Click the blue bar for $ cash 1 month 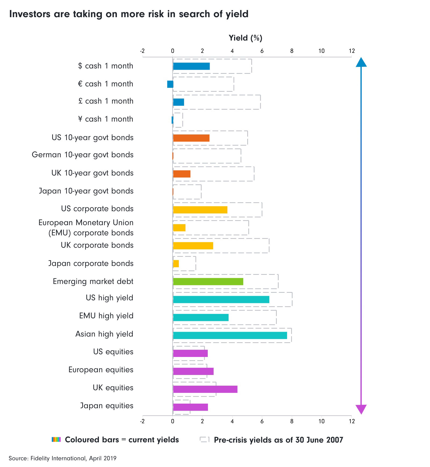(191, 66)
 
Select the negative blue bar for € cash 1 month (170, 84)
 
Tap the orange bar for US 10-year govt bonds (191, 138)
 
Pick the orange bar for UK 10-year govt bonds (182, 174)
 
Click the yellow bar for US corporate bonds (200, 210)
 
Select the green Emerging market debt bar (208, 282)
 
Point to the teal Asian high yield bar (230, 335)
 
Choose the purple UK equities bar (205, 389)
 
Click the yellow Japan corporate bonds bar (176, 264)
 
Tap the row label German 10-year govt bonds (83, 155)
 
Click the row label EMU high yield (106, 316)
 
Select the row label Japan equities (107, 406)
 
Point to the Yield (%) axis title (245, 38)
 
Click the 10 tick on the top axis (321, 51)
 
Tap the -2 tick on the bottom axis (142, 421)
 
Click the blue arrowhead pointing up (361, 62)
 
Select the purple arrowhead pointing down (361, 409)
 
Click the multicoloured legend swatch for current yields (56, 440)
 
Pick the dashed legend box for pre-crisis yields (205, 439)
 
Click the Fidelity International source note (63, 458)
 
